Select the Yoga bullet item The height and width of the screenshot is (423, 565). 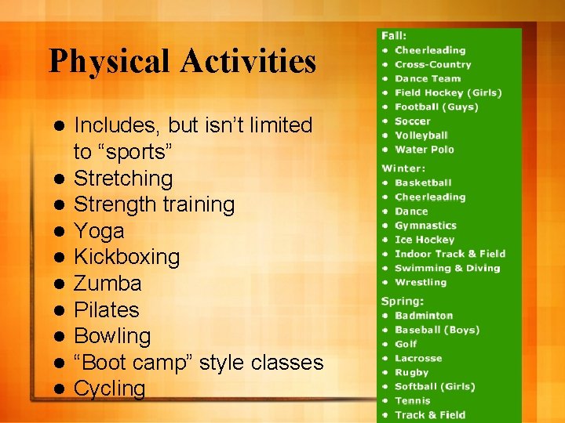99,231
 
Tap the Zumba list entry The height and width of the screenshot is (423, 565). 108,284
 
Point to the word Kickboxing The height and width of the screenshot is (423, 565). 126,257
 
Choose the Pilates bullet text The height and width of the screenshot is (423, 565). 106,309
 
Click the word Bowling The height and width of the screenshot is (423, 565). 111,336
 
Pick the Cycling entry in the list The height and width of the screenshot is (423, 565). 109,389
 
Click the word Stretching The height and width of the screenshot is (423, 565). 123,179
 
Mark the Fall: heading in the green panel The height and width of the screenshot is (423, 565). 394,36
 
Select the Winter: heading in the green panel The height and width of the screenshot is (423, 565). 403,168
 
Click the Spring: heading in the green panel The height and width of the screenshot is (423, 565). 403,302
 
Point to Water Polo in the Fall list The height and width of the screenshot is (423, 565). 424,150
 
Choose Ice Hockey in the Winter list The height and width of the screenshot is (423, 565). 425,240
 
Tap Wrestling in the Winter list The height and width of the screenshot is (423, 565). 421,282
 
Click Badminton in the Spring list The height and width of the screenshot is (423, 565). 424,316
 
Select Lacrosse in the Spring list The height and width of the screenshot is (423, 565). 418,358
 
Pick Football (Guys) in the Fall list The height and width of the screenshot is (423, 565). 436,107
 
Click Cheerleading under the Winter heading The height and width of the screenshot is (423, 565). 430,197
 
